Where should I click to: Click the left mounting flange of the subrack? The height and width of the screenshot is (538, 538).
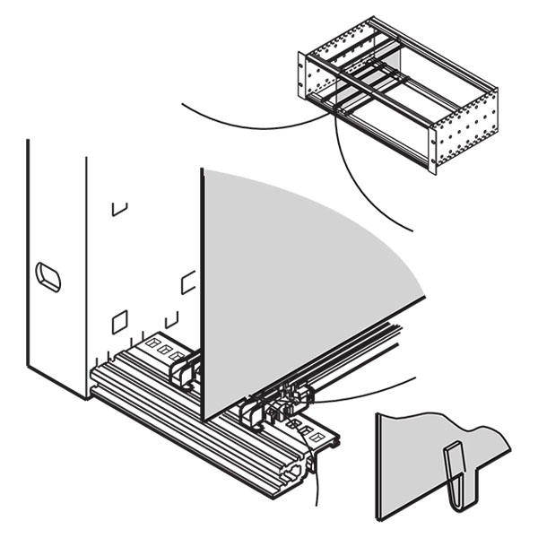302,77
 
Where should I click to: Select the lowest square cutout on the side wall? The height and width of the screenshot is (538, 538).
118,320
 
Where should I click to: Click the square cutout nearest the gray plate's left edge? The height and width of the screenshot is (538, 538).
188,282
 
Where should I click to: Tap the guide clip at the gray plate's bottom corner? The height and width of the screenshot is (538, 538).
251,417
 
